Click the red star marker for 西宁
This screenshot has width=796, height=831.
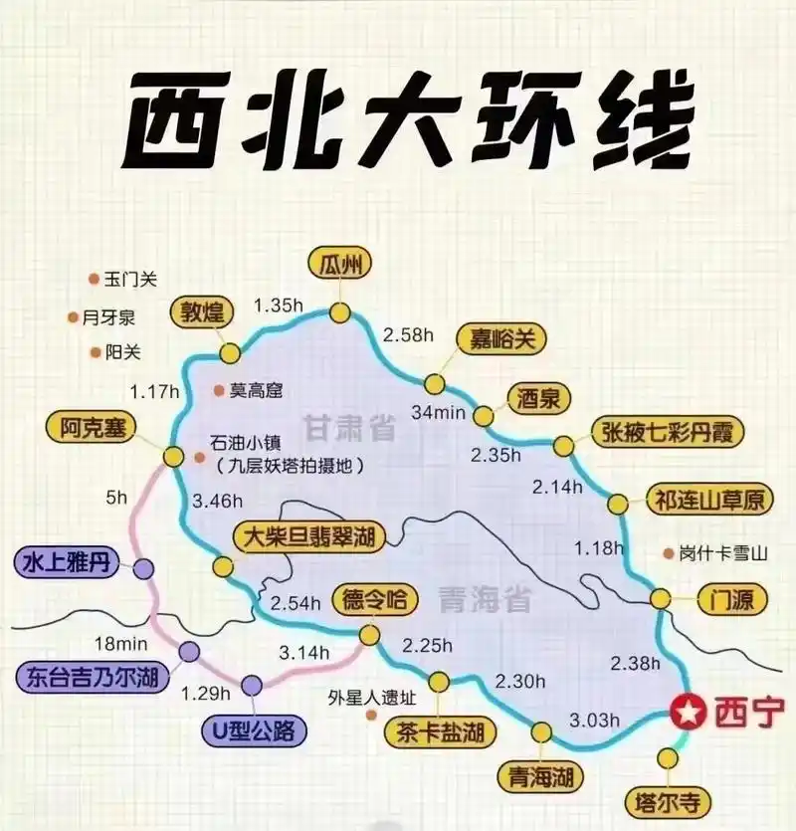(686, 713)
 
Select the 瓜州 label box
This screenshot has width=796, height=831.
(339, 265)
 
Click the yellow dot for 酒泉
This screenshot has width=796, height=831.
(484, 415)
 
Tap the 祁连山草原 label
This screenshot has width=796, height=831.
(709, 500)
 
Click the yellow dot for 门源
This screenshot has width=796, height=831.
(661, 599)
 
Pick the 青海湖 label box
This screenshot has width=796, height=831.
(541, 775)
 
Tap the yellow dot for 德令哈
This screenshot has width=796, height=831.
(370, 635)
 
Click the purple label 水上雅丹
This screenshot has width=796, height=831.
(63, 563)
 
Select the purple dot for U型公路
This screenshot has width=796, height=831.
(252, 685)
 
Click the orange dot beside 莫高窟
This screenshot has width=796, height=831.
(218, 391)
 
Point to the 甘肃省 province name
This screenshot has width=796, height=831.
(350, 430)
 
